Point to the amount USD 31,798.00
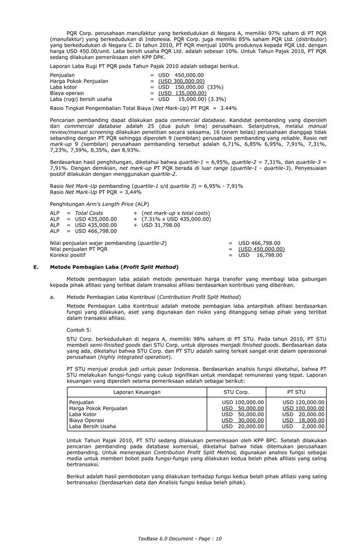(161, 225)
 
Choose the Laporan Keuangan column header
(137, 392)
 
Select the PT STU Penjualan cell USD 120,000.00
(303, 402)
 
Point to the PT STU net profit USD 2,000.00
(303, 426)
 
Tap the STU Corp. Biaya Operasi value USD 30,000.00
(243, 420)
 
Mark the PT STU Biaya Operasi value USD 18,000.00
(303, 420)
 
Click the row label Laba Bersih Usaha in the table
(92, 426)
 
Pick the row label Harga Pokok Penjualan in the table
(98, 408)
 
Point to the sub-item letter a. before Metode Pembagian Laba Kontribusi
(52, 296)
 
